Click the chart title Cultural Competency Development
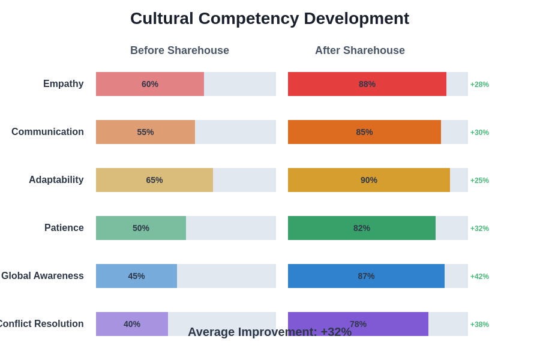point(269,19)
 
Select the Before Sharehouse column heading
point(179,50)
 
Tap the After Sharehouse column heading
point(359,50)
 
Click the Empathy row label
point(63,84)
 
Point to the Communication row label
point(47,132)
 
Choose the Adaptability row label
point(56,180)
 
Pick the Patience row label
point(64,228)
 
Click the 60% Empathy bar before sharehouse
point(150,84)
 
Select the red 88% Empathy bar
point(367,84)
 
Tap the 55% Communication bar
point(145,132)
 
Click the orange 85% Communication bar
point(364,132)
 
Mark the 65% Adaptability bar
point(154,180)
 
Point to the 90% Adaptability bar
point(368,180)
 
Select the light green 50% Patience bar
point(141,228)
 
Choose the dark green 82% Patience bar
point(361,228)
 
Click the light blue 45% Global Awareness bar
point(136,276)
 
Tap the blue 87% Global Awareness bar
point(366,276)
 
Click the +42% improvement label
point(479,277)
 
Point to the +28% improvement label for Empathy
point(479,85)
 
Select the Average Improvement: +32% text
point(269,332)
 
